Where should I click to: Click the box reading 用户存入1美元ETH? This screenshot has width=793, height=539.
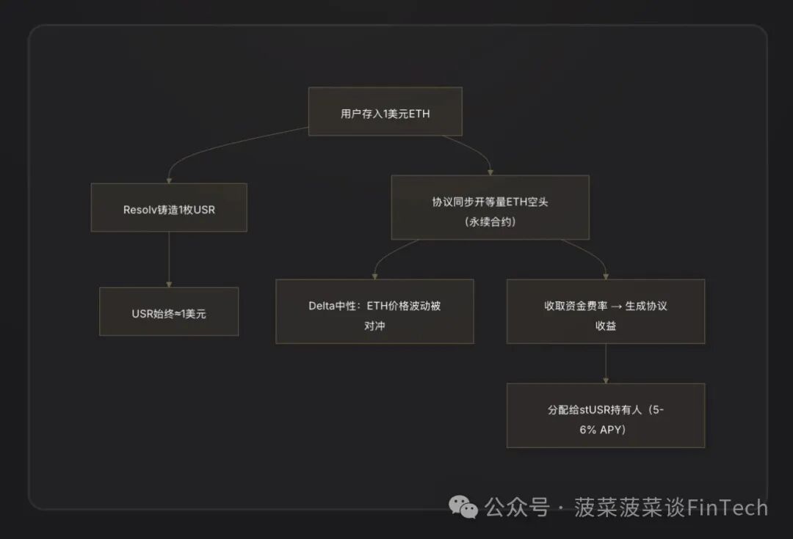coord(385,111)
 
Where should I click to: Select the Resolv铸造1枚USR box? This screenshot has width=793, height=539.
coord(169,208)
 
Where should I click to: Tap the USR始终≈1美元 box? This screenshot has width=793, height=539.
coord(169,312)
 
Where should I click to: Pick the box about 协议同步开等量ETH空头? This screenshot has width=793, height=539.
coord(490,208)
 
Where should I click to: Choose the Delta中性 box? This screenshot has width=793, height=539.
coord(374,311)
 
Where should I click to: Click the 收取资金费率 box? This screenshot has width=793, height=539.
coord(605,311)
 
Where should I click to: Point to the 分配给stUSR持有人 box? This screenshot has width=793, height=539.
coord(605,415)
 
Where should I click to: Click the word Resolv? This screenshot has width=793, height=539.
coord(139,208)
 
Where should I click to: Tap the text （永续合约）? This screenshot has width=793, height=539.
coord(490,221)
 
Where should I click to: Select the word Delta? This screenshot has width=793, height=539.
coord(323,306)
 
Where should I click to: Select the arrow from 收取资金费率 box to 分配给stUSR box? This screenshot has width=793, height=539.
coord(605,363)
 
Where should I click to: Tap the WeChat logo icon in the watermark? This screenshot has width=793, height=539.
coord(463,507)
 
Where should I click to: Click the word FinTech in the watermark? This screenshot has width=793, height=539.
coord(726,507)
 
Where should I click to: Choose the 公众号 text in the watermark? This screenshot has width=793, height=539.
coord(517,507)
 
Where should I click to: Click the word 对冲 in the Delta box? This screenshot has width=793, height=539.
coord(374,325)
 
